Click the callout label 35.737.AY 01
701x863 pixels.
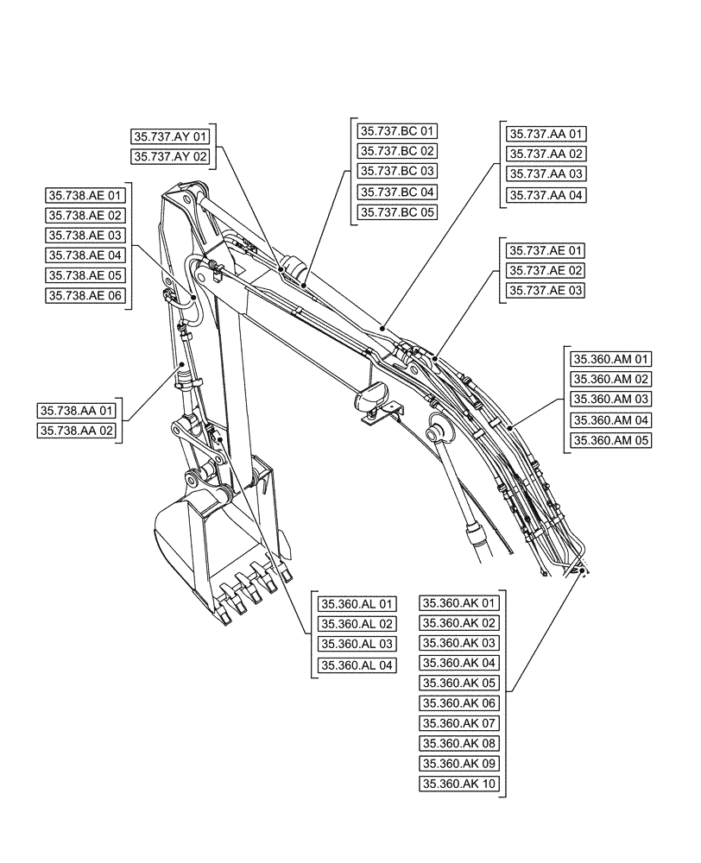pos(170,136)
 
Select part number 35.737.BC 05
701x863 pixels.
pos(397,211)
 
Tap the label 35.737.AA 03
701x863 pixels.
pos(546,174)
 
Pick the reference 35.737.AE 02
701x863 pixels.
pos(546,270)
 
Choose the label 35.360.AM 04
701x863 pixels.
pos(610,420)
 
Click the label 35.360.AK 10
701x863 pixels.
pos(459,784)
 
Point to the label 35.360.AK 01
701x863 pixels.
pos(459,602)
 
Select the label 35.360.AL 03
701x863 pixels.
pos(357,645)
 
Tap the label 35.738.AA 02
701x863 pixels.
pos(78,430)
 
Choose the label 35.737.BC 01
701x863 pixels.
pos(397,131)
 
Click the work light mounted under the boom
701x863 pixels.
pos(373,400)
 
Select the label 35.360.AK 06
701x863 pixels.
pos(459,703)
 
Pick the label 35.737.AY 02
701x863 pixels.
pos(170,157)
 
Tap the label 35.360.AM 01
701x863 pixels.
pos(610,359)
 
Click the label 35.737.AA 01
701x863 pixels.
pos(546,134)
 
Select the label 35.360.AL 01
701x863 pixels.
pos(357,604)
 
